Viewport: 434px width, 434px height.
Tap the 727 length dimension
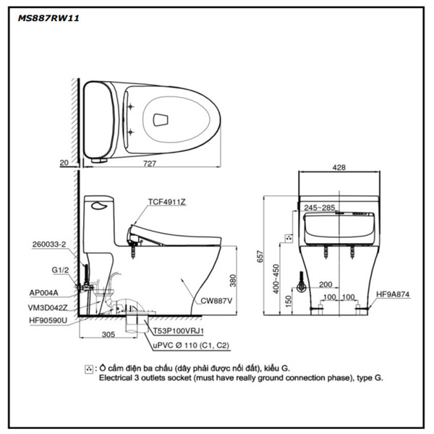[x=149, y=163]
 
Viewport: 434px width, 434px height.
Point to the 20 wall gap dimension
[x=64, y=163]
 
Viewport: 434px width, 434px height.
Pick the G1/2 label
[x=60, y=268]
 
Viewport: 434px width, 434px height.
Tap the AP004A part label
[x=45, y=293]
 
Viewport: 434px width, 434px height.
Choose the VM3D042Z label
[x=48, y=306]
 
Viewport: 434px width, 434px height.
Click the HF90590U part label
[x=48, y=319]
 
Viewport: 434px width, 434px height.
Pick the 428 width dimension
[x=339, y=167]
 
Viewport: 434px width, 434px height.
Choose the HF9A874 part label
[x=393, y=294]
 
